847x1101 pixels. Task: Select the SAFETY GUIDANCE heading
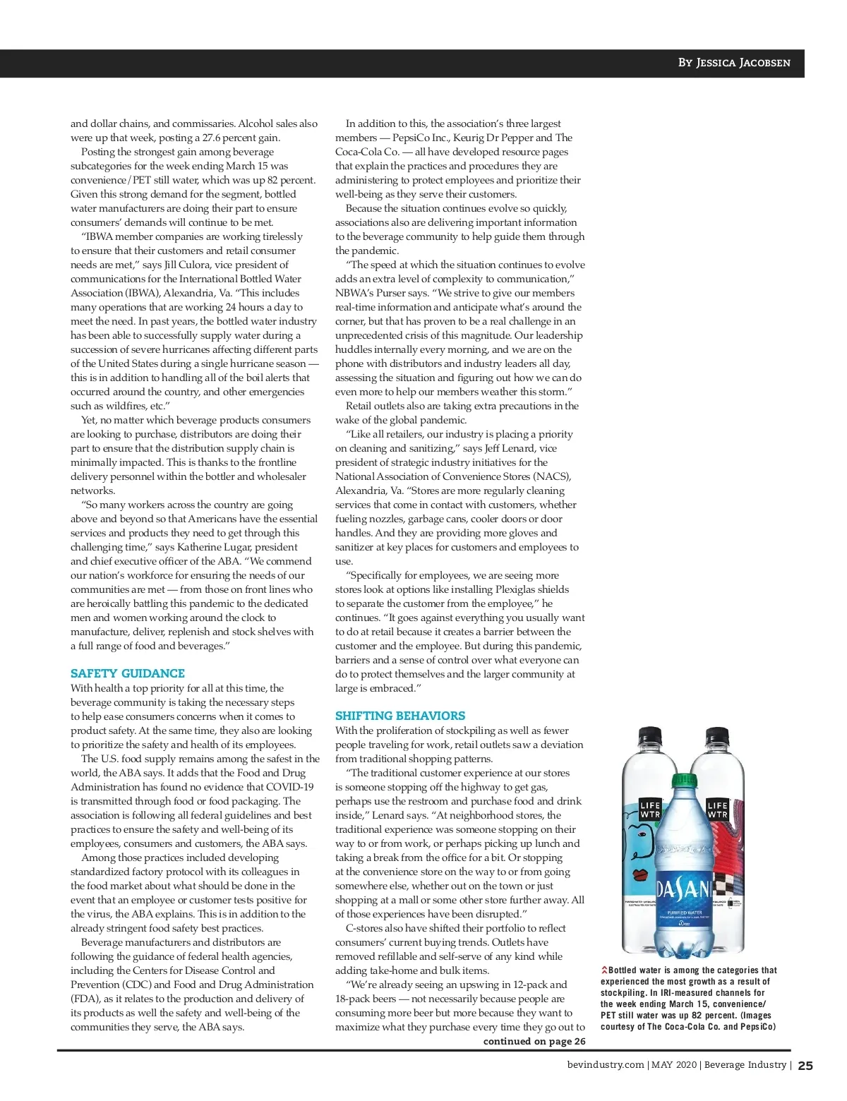(x=128, y=673)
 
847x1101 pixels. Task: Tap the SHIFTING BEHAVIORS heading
(x=400, y=716)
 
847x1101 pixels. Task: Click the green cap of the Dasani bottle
(x=684, y=781)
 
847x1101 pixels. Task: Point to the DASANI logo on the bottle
(x=683, y=891)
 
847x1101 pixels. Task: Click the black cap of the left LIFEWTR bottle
(x=650, y=737)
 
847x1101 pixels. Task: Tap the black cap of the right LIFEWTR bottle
(x=717, y=737)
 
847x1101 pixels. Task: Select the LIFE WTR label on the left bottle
(x=649, y=810)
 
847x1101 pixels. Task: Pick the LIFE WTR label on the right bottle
(x=717, y=810)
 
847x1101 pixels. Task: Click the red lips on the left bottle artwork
(x=640, y=874)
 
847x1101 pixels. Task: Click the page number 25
(x=805, y=1066)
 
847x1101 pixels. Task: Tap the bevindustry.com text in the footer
(x=606, y=1065)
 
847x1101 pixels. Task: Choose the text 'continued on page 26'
(x=534, y=1041)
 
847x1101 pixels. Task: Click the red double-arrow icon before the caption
(x=604, y=970)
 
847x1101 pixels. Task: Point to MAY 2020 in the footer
(x=674, y=1065)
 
